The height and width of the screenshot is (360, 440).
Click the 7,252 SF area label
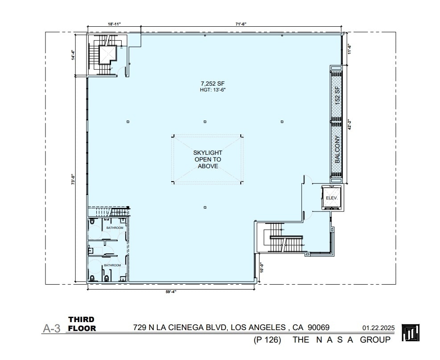coord(205,83)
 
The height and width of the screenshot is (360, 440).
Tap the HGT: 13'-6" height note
coord(205,90)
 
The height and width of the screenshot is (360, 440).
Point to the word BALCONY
coord(337,149)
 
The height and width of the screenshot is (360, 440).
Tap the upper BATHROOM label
coord(115,228)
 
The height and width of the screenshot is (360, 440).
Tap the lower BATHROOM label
coord(112,265)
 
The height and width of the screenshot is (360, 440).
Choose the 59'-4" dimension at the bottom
coord(171,292)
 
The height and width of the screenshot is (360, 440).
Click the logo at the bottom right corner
coord(411,332)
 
